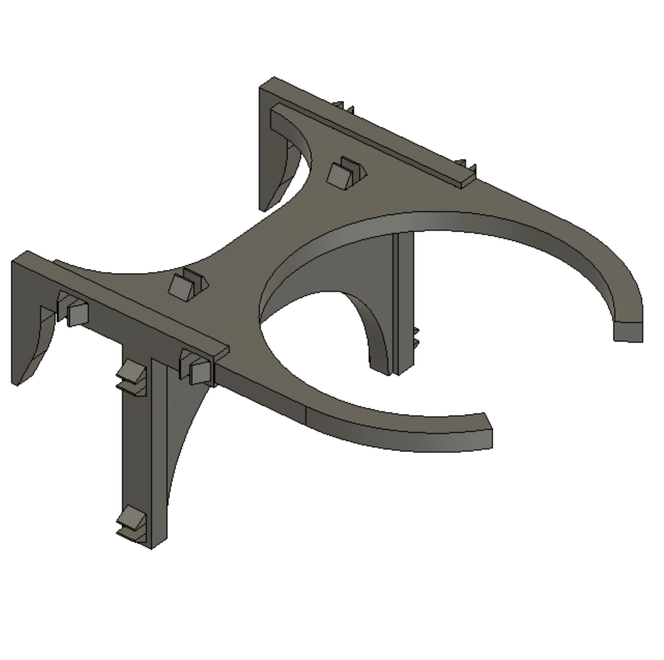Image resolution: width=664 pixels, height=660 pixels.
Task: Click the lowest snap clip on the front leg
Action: pyautogui.click(x=131, y=522)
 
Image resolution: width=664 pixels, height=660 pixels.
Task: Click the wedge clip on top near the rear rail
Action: pyautogui.click(x=343, y=173)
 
